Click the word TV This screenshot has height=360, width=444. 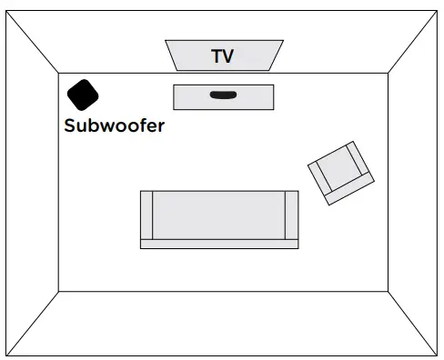coord(223,56)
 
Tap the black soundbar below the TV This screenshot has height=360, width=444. coord(223,94)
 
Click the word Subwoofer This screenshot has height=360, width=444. coord(115,126)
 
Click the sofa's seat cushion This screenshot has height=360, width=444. coord(218,215)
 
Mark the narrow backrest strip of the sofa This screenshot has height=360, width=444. coord(218,244)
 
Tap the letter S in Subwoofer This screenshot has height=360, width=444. coord(70,126)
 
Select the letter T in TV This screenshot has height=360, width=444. coord(217,56)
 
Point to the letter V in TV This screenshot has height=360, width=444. coord(229,56)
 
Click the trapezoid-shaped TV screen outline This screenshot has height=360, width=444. coord(182,56)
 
